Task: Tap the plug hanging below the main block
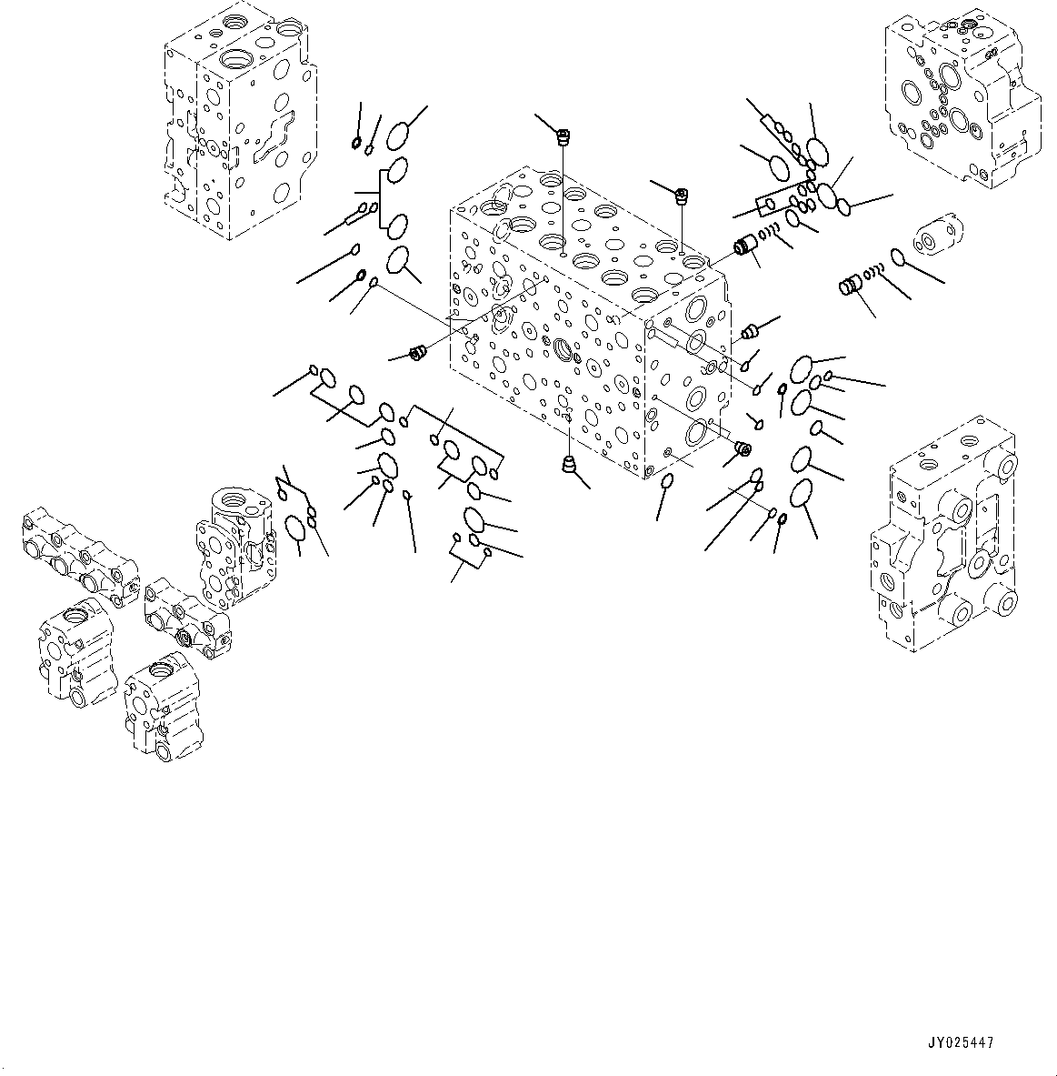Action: point(569,465)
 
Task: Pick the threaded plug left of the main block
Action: point(419,352)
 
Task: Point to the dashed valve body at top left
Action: point(240,122)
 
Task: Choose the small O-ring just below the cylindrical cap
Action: point(897,258)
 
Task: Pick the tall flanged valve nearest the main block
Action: point(235,546)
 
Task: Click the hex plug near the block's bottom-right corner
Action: point(742,448)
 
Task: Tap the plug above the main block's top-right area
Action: point(682,195)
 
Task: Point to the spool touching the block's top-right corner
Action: point(746,246)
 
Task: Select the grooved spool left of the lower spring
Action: point(849,287)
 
